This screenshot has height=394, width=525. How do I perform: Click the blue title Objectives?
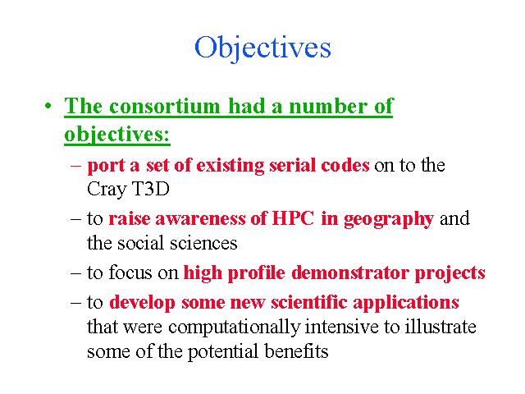point(262,48)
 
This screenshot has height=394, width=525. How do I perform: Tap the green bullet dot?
point(48,106)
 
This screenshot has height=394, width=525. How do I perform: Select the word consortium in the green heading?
point(165,106)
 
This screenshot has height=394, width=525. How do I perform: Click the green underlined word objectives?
point(117,135)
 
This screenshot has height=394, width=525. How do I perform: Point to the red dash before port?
point(75,165)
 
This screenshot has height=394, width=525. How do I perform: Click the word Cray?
point(107,190)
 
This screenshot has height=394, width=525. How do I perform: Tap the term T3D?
point(151,189)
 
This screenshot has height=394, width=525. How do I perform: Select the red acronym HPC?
point(294,218)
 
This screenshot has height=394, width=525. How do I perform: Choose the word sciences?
point(203,243)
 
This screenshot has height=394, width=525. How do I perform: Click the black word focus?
point(130,272)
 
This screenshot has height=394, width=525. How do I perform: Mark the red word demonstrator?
point(350,273)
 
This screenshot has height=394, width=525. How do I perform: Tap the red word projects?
point(450,273)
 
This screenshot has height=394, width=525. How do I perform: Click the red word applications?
point(406,303)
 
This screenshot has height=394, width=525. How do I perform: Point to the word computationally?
point(235,328)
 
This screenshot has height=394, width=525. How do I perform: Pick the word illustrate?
point(441,327)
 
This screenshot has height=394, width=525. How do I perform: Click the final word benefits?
point(296,351)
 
